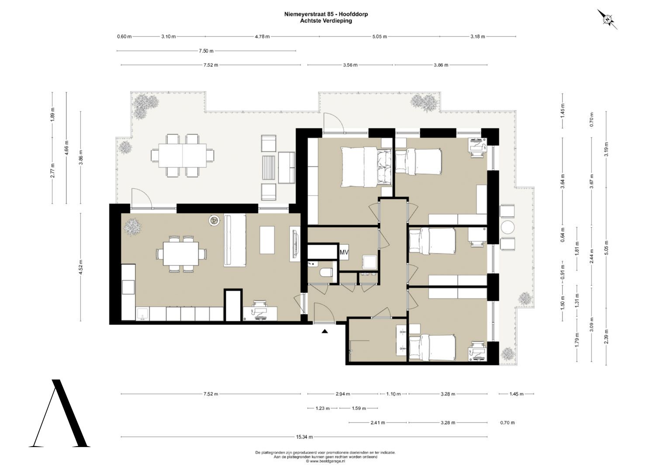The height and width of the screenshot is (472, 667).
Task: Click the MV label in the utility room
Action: (x=344, y=253)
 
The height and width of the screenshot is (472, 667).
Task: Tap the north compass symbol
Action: (x=607, y=19)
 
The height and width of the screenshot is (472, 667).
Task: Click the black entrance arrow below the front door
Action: (x=325, y=331)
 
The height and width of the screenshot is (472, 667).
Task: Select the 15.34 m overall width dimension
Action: (x=304, y=437)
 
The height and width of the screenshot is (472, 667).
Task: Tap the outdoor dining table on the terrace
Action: (x=183, y=156)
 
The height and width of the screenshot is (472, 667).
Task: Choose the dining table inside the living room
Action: (x=181, y=253)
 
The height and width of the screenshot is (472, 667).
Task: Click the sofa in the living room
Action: (x=235, y=240)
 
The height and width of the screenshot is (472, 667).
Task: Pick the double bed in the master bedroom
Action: (x=366, y=167)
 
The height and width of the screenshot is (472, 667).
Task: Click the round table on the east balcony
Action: (x=508, y=227)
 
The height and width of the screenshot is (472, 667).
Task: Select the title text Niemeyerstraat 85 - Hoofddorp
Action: (x=326, y=14)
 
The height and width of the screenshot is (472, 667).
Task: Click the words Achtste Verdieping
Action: (x=326, y=21)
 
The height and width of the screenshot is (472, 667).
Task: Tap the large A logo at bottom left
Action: (x=59, y=413)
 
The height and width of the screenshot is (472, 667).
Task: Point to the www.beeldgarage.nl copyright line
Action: (x=325, y=461)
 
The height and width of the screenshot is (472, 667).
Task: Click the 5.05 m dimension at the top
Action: (x=379, y=37)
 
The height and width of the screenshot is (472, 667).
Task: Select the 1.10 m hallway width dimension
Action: (x=394, y=394)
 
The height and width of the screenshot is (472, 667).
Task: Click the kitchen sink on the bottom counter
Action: (x=143, y=314)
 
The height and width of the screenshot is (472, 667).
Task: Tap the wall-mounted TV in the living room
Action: (x=295, y=244)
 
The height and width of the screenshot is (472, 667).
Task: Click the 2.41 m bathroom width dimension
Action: (x=377, y=423)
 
